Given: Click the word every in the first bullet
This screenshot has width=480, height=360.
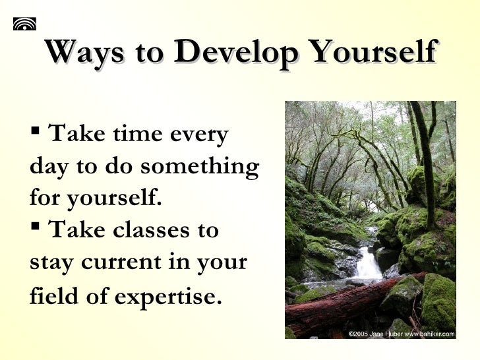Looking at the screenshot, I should [200, 135].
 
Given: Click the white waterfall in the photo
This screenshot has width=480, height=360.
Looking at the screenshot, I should [367, 263].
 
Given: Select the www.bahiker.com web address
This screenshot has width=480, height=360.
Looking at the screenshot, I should [431, 334].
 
